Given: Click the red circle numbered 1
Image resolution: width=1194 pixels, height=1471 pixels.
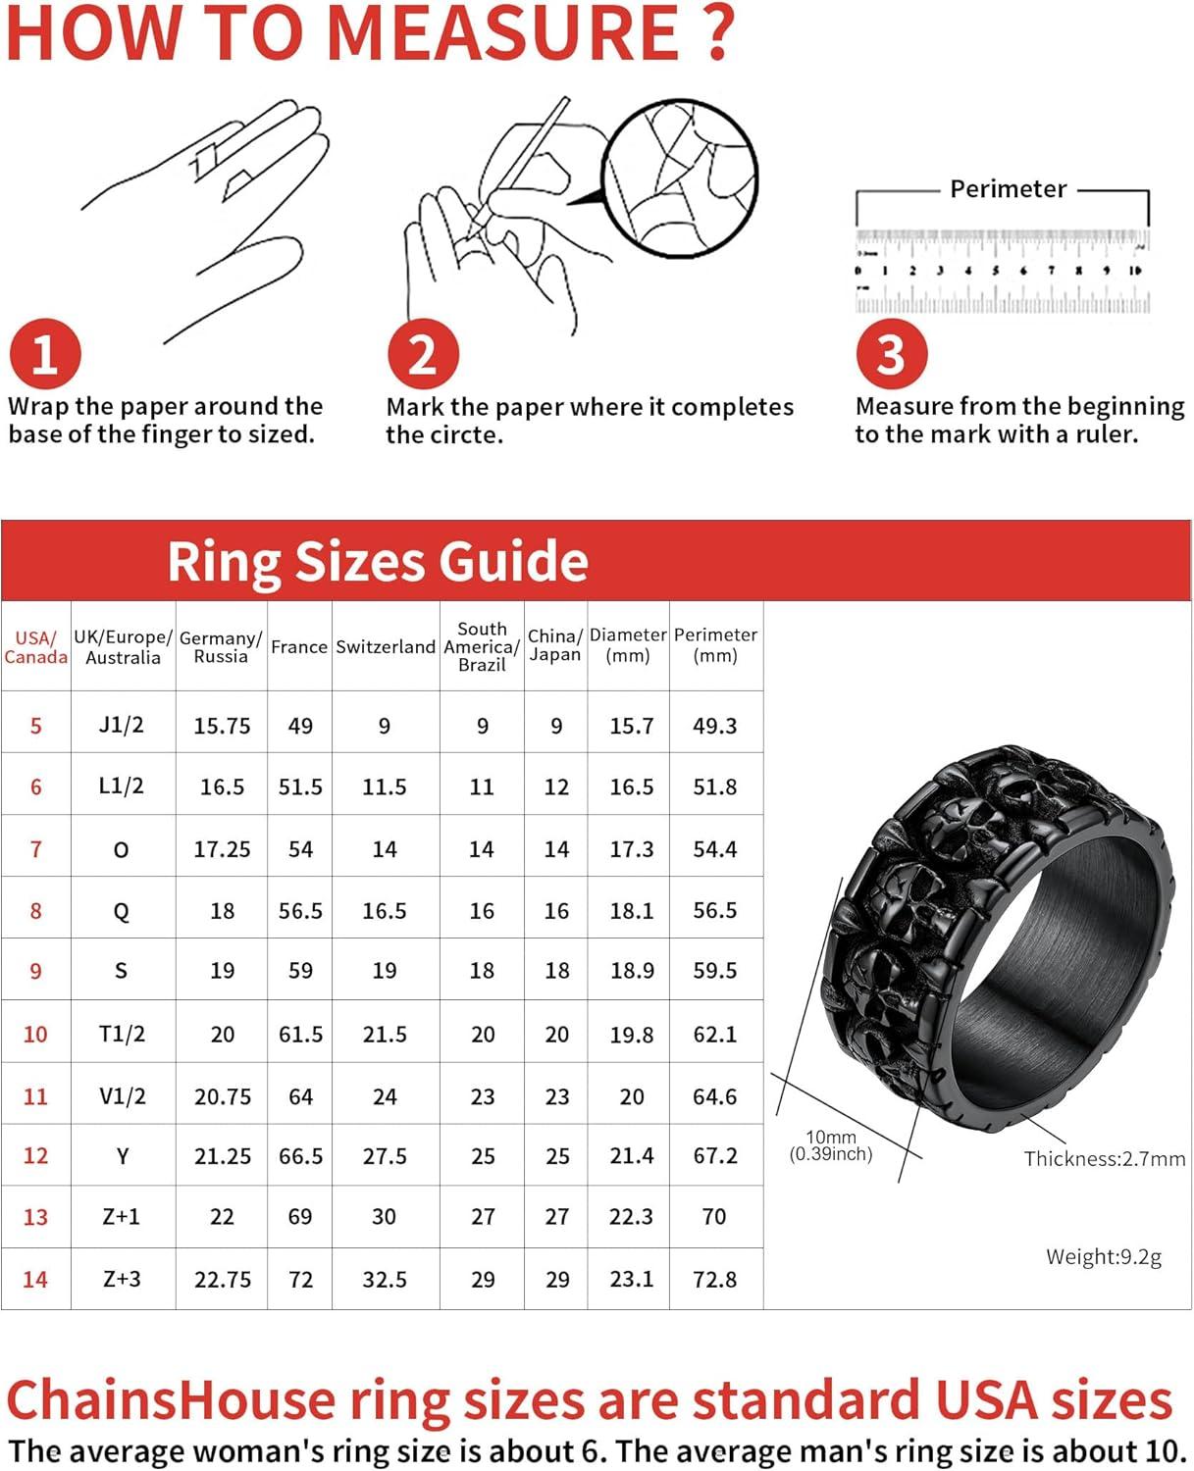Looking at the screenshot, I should [44, 354].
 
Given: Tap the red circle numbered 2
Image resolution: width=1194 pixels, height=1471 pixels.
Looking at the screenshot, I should [422, 354].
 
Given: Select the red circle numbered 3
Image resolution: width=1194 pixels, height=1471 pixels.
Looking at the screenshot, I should [891, 354].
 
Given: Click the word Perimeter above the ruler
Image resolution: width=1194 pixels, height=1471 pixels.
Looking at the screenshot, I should [1008, 189].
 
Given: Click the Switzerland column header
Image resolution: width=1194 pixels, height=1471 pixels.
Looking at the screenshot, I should [385, 647].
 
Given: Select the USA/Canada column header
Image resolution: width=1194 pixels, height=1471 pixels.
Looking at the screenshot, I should [35, 647].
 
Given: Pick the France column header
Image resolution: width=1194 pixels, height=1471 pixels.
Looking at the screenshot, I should [299, 647].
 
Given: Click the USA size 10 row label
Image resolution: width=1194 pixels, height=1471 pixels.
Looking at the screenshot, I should [35, 1035].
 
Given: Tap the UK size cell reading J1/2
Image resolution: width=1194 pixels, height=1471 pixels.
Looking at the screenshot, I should [122, 726].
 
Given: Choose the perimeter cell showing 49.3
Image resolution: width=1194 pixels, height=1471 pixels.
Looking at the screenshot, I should [714, 727].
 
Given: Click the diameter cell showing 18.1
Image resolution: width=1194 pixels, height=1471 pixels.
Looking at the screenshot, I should [631, 911].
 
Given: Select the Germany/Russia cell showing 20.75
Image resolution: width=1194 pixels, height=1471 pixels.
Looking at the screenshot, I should [222, 1096].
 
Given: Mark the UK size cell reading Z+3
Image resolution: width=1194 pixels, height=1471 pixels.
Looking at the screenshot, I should [122, 1280].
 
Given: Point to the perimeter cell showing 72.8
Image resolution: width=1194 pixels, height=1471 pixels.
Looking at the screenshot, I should [714, 1280].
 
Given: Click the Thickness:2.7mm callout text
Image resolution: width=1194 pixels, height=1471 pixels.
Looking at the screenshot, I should [1105, 1159].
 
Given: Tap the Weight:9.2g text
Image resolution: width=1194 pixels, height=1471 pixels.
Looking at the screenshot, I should [1104, 1257].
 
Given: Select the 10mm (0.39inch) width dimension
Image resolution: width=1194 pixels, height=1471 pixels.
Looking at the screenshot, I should [831, 1145].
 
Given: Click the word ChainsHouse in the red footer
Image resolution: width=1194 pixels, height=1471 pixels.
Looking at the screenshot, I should [171, 1400].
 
